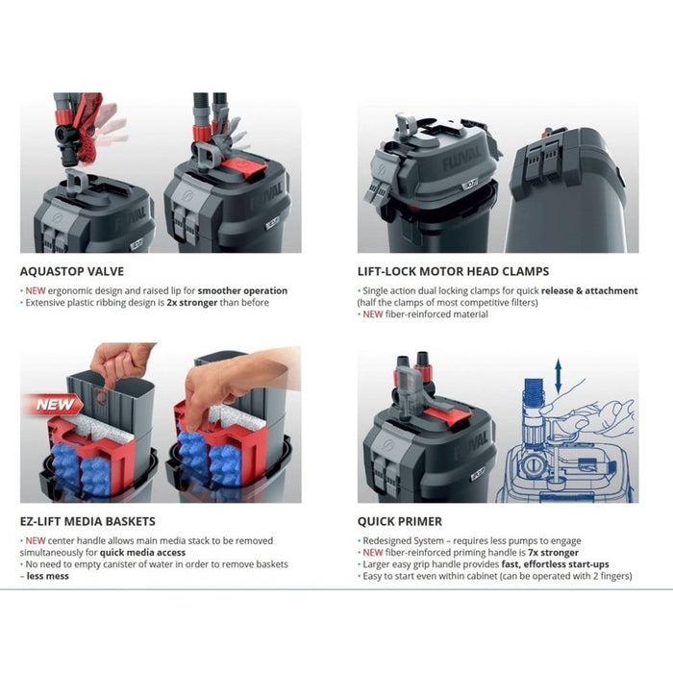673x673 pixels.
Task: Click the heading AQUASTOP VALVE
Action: [72, 271]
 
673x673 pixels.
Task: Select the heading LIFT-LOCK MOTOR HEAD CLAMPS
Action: [453, 271]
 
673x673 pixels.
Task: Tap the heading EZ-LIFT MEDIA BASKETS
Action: [87, 521]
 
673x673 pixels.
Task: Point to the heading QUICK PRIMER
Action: [400, 521]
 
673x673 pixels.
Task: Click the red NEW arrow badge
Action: [54, 405]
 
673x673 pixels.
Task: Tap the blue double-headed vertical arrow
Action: [558, 377]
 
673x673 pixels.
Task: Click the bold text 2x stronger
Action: [192, 303]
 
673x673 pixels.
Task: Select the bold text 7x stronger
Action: [553, 553]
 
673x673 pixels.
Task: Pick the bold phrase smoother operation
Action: [242, 290]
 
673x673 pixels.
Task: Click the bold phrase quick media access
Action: [142, 553]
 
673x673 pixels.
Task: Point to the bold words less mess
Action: [48, 576]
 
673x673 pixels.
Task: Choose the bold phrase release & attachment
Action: [589, 290]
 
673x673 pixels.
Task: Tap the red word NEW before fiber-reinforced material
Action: [373, 314]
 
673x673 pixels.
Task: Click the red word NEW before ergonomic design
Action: [36, 290]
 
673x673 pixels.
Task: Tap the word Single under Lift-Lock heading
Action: [375, 290]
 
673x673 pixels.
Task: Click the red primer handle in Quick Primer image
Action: [448, 415]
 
